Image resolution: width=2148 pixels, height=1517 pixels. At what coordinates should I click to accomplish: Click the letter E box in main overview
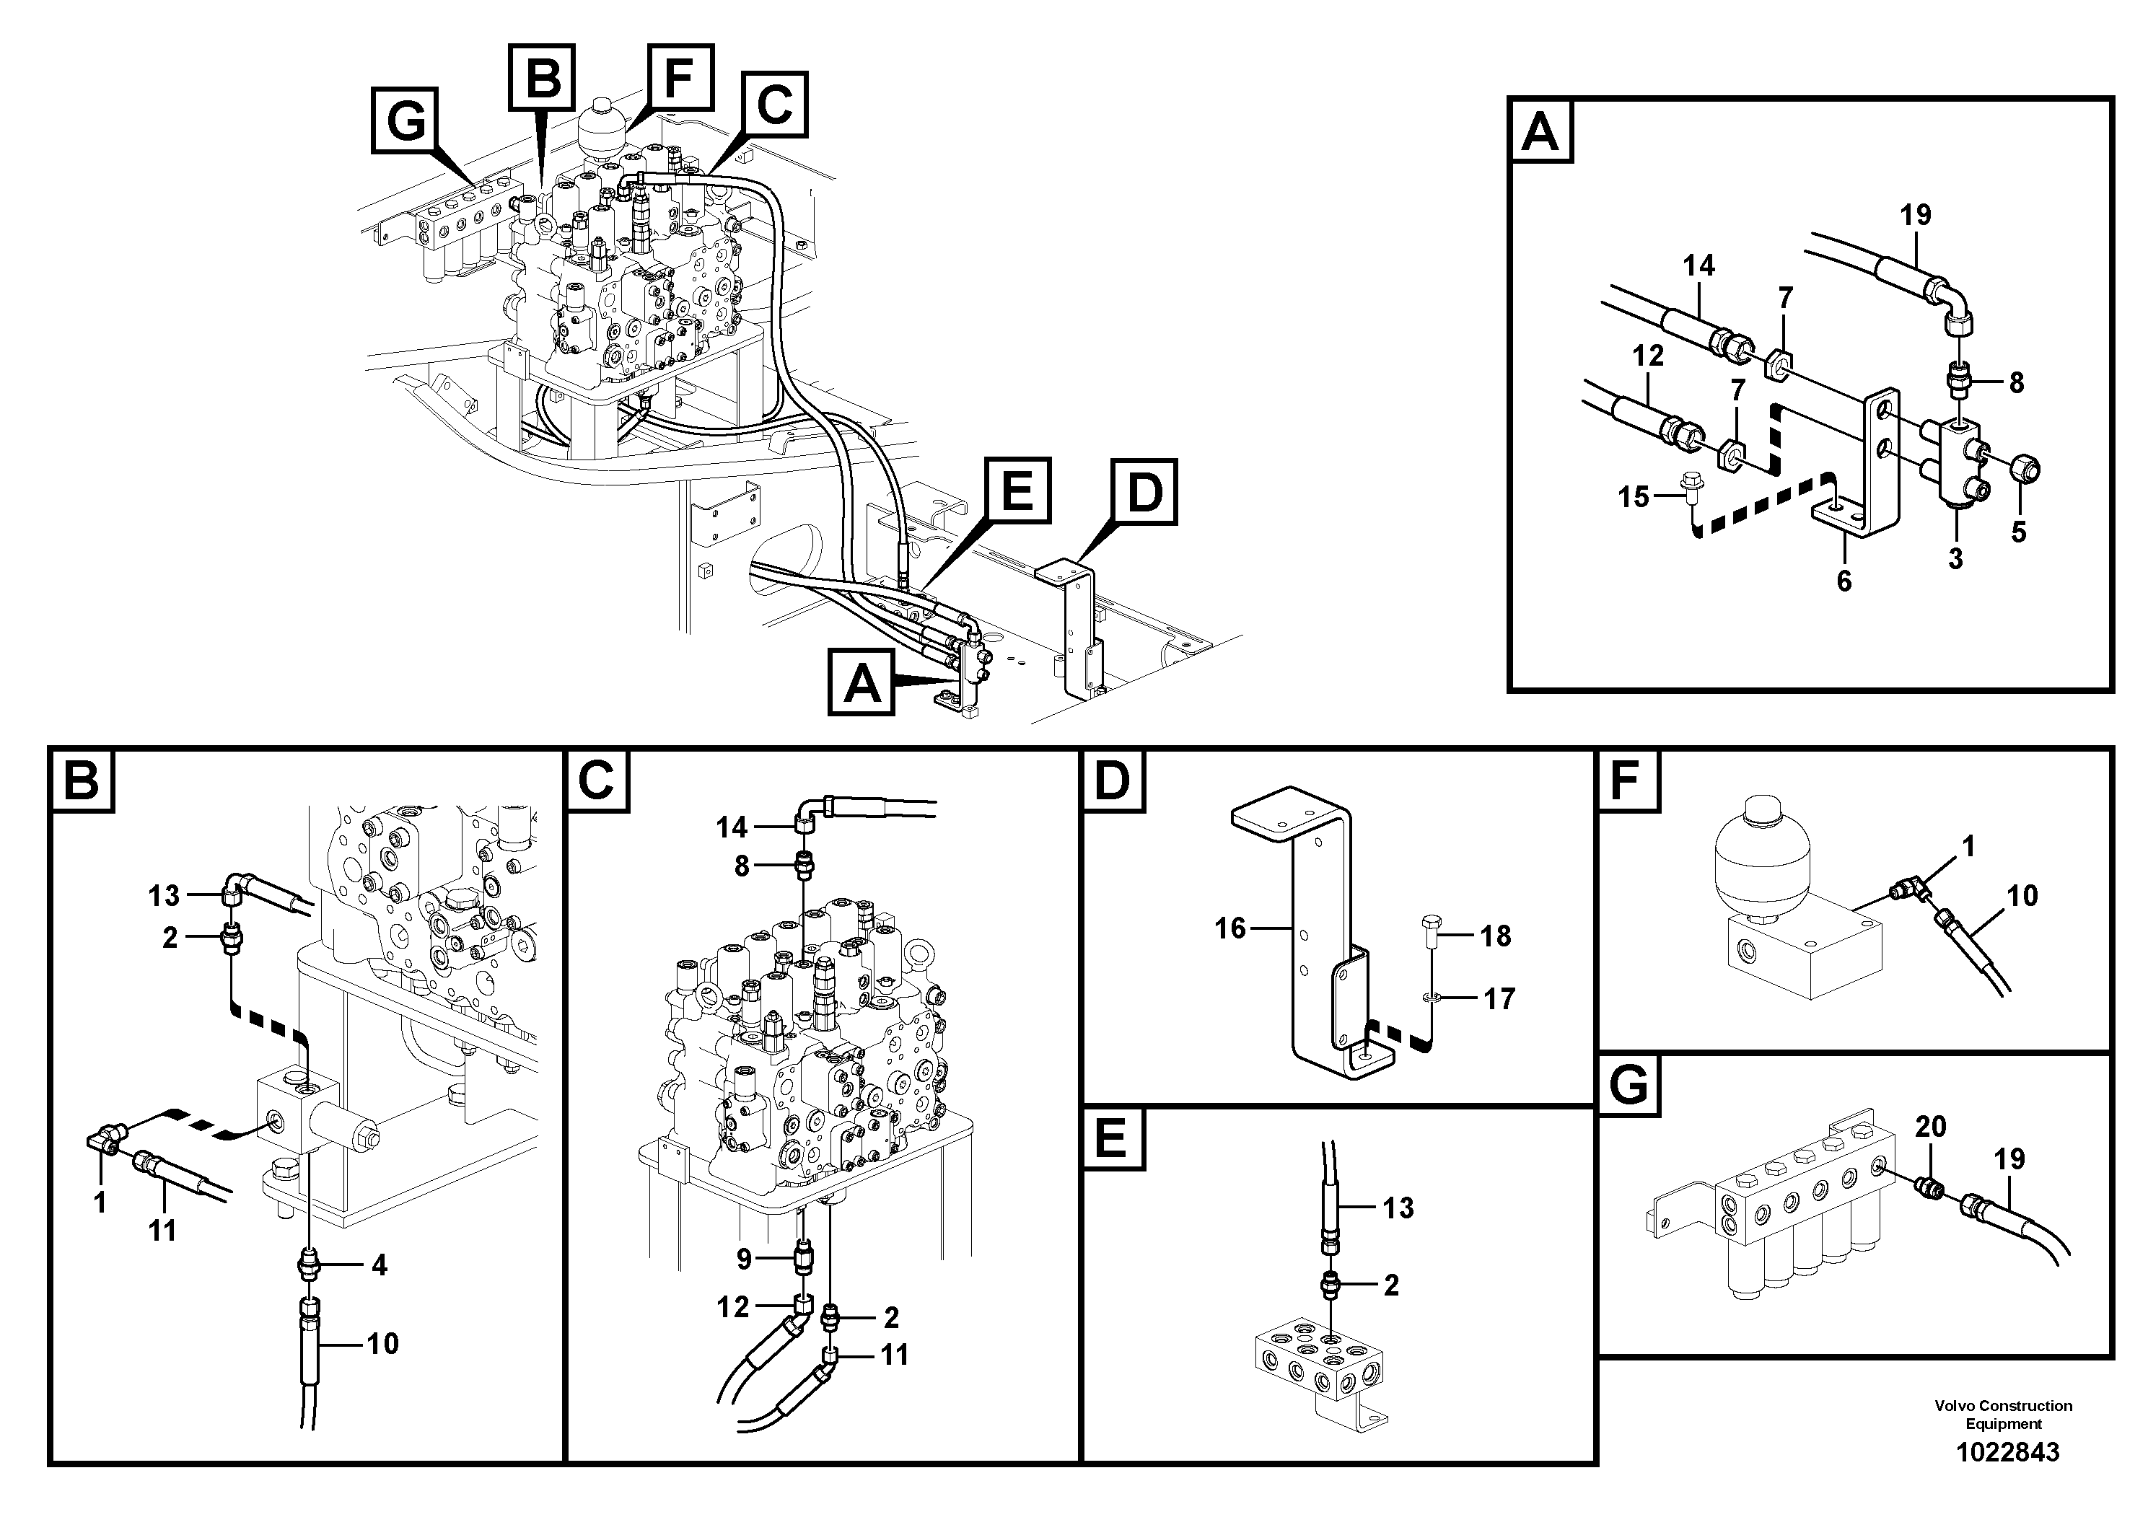point(1016,490)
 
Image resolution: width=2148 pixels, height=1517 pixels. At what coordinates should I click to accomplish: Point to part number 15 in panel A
point(1634,496)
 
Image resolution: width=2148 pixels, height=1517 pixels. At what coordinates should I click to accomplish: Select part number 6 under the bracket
point(1843,581)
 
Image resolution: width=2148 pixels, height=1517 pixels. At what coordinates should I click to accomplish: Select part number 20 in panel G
point(1930,1127)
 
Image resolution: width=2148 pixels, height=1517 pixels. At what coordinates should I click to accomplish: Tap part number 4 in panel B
point(378,1265)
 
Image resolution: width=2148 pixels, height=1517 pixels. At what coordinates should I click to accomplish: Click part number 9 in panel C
point(744,1259)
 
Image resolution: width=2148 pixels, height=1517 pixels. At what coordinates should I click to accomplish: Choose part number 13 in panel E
point(1398,1208)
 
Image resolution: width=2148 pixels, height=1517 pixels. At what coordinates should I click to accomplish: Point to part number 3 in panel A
point(1955,559)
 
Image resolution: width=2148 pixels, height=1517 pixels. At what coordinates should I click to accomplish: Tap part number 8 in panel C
point(741,867)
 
